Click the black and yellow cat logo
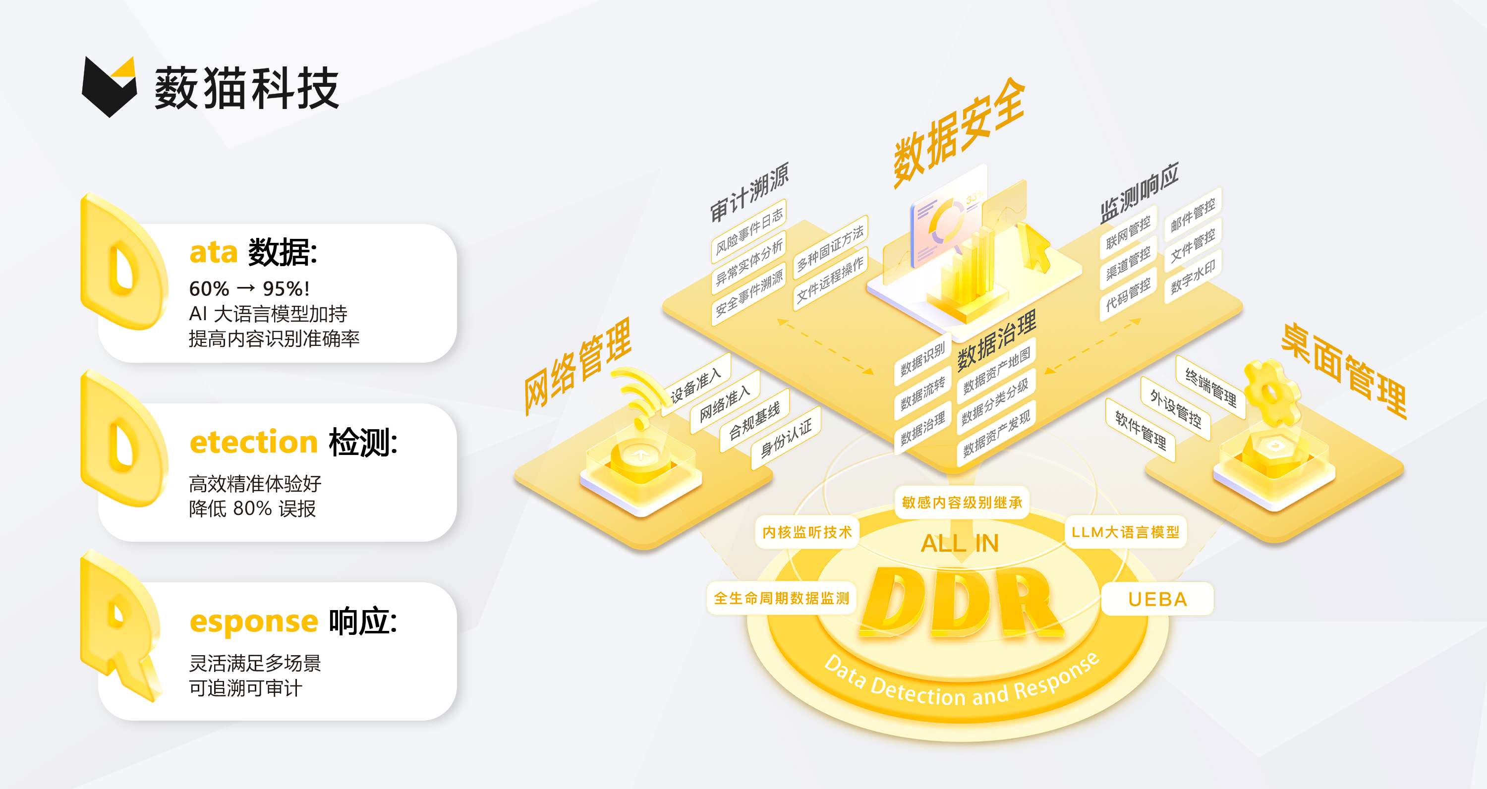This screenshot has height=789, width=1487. click(110, 86)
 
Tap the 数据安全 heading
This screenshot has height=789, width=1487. click(958, 132)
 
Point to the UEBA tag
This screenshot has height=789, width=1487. click(1157, 599)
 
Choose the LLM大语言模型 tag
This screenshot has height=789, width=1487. click(1125, 532)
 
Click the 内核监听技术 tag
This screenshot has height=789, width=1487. click(806, 532)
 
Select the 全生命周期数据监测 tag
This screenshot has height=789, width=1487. click(782, 598)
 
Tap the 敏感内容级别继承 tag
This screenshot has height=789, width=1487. click(962, 502)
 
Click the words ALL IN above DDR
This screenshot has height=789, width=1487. click(960, 543)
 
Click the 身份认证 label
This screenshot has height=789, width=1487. click(786, 438)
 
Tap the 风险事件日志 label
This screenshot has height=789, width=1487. click(748, 231)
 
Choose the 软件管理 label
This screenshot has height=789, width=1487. click(1141, 430)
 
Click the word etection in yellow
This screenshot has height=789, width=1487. click(254, 442)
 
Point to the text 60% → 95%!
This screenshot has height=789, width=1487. click(249, 288)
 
